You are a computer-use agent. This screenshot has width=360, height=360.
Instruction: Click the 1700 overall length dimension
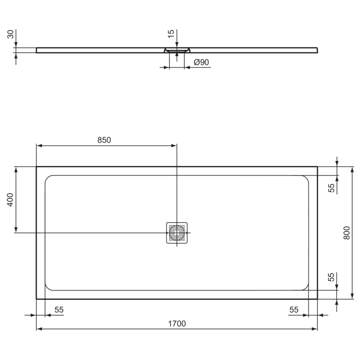176,323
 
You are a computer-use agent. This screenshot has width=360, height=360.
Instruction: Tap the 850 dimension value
104,140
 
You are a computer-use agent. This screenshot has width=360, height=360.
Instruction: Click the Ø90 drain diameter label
201,62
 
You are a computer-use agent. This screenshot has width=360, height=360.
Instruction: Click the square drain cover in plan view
177,234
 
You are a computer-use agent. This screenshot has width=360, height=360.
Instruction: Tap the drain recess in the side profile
177,50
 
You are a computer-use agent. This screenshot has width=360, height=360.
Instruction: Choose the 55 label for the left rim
59,310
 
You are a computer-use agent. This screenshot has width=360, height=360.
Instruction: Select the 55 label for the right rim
294,310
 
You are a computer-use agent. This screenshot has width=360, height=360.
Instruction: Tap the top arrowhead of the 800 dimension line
352,169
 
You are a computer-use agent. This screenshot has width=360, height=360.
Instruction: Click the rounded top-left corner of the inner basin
48,178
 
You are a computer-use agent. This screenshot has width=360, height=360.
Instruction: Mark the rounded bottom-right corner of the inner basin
306,287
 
